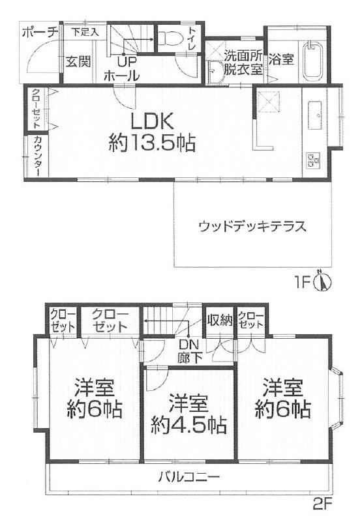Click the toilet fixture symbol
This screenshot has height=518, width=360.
(170, 38)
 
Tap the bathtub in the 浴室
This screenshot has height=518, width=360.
(313, 61)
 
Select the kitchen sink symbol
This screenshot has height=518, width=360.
(315, 115)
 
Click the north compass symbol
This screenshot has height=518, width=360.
(322, 281)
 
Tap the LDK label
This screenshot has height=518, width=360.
(152, 122)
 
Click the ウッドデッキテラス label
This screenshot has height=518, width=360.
(252, 227)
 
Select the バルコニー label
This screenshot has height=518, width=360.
(188, 477)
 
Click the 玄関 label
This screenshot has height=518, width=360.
(78, 61)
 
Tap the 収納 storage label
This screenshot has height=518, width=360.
(220, 320)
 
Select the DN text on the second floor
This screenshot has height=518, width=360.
(188, 345)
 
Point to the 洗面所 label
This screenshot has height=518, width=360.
(243, 55)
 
